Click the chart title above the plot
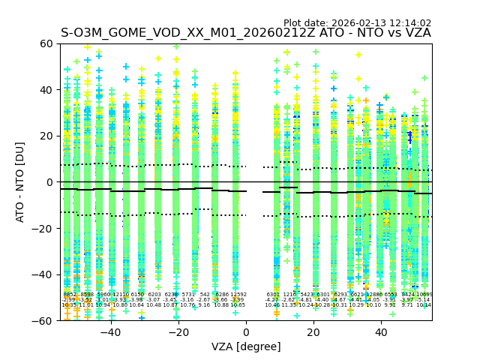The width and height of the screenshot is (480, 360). (246, 33)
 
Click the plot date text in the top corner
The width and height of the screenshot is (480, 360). (357, 23)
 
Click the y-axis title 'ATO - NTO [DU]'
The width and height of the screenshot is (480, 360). (21, 182)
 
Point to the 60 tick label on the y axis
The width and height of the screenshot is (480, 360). (46, 43)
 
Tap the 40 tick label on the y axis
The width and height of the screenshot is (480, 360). (46, 90)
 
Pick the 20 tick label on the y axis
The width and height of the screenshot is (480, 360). (46, 136)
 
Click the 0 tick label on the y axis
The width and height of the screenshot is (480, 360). (49, 182)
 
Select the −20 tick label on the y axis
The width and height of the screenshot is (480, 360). (43, 228)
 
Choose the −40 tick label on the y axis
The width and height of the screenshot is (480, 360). (43, 274)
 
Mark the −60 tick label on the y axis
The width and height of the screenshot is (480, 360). (43, 320)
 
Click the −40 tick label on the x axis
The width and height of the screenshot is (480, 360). (110, 332)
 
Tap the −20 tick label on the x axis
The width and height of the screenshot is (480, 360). (178, 332)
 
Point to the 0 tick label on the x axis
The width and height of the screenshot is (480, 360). (246, 332)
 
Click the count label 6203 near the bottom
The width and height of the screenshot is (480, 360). (154, 295)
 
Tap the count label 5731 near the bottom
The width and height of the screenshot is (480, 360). (187, 295)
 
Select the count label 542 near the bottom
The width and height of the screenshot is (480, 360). (205, 295)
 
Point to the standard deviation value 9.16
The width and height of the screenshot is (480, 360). (204, 305)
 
